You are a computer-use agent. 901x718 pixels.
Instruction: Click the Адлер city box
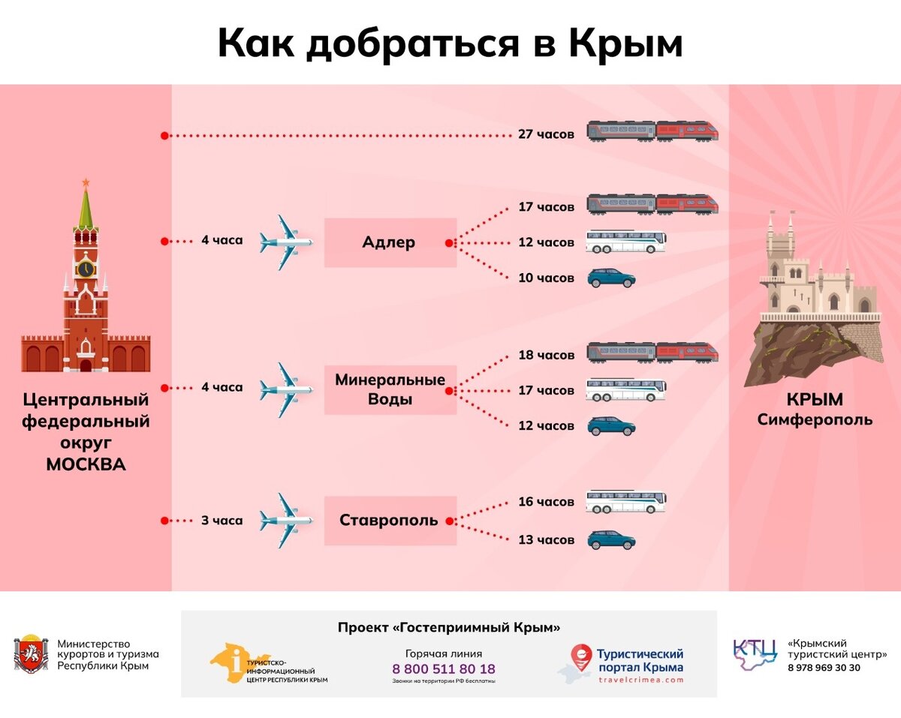(390, 242)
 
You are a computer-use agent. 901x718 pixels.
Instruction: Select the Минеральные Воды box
(390, 389)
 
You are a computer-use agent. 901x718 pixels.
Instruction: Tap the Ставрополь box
(390, 520)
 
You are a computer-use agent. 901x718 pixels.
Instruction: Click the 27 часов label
(546, 134)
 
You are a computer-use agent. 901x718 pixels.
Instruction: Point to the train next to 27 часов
(652, 132)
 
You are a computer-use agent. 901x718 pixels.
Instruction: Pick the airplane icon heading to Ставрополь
(285, 520)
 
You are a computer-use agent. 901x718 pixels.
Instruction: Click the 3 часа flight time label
(221, 520)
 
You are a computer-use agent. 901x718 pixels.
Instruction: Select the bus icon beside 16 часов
(625, 501)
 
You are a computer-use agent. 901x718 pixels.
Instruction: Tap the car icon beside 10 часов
(611, 278)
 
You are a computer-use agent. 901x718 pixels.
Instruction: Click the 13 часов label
(546, 539)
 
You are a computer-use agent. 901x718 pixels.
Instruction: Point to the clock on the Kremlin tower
(86, 268)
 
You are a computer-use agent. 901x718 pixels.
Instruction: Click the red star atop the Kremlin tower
(86, 182)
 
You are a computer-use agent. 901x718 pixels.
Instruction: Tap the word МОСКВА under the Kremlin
(86, 464)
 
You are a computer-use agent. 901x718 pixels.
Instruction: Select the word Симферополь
(815, 419)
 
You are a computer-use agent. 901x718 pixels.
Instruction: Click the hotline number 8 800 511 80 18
(444, 668)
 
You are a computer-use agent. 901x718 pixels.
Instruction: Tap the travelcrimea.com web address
(640, 680)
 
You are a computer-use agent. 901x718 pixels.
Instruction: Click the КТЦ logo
(755, 654)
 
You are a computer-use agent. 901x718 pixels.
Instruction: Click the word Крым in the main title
(625, 44)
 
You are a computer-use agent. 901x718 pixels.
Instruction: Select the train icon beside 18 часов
(652, 352)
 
